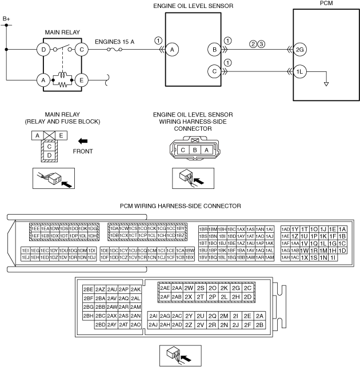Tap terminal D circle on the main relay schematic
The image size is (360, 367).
tap(43, 49)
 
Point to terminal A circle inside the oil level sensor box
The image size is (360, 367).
tap(171, 50)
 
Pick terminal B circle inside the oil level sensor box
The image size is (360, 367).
tap(215, 50)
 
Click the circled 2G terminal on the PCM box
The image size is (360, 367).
tap(300, 50)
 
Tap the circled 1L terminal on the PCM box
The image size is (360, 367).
tap(300, 72)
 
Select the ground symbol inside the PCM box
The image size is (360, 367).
tap(326, 83)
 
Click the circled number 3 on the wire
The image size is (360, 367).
tap(261, 43)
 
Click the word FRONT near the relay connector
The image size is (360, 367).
tap(84, 152)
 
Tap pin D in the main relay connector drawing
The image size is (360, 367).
tap(50, 155)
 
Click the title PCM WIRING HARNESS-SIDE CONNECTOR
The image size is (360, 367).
tap(180, 205)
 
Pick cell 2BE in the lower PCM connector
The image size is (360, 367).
tap(88, 289)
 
